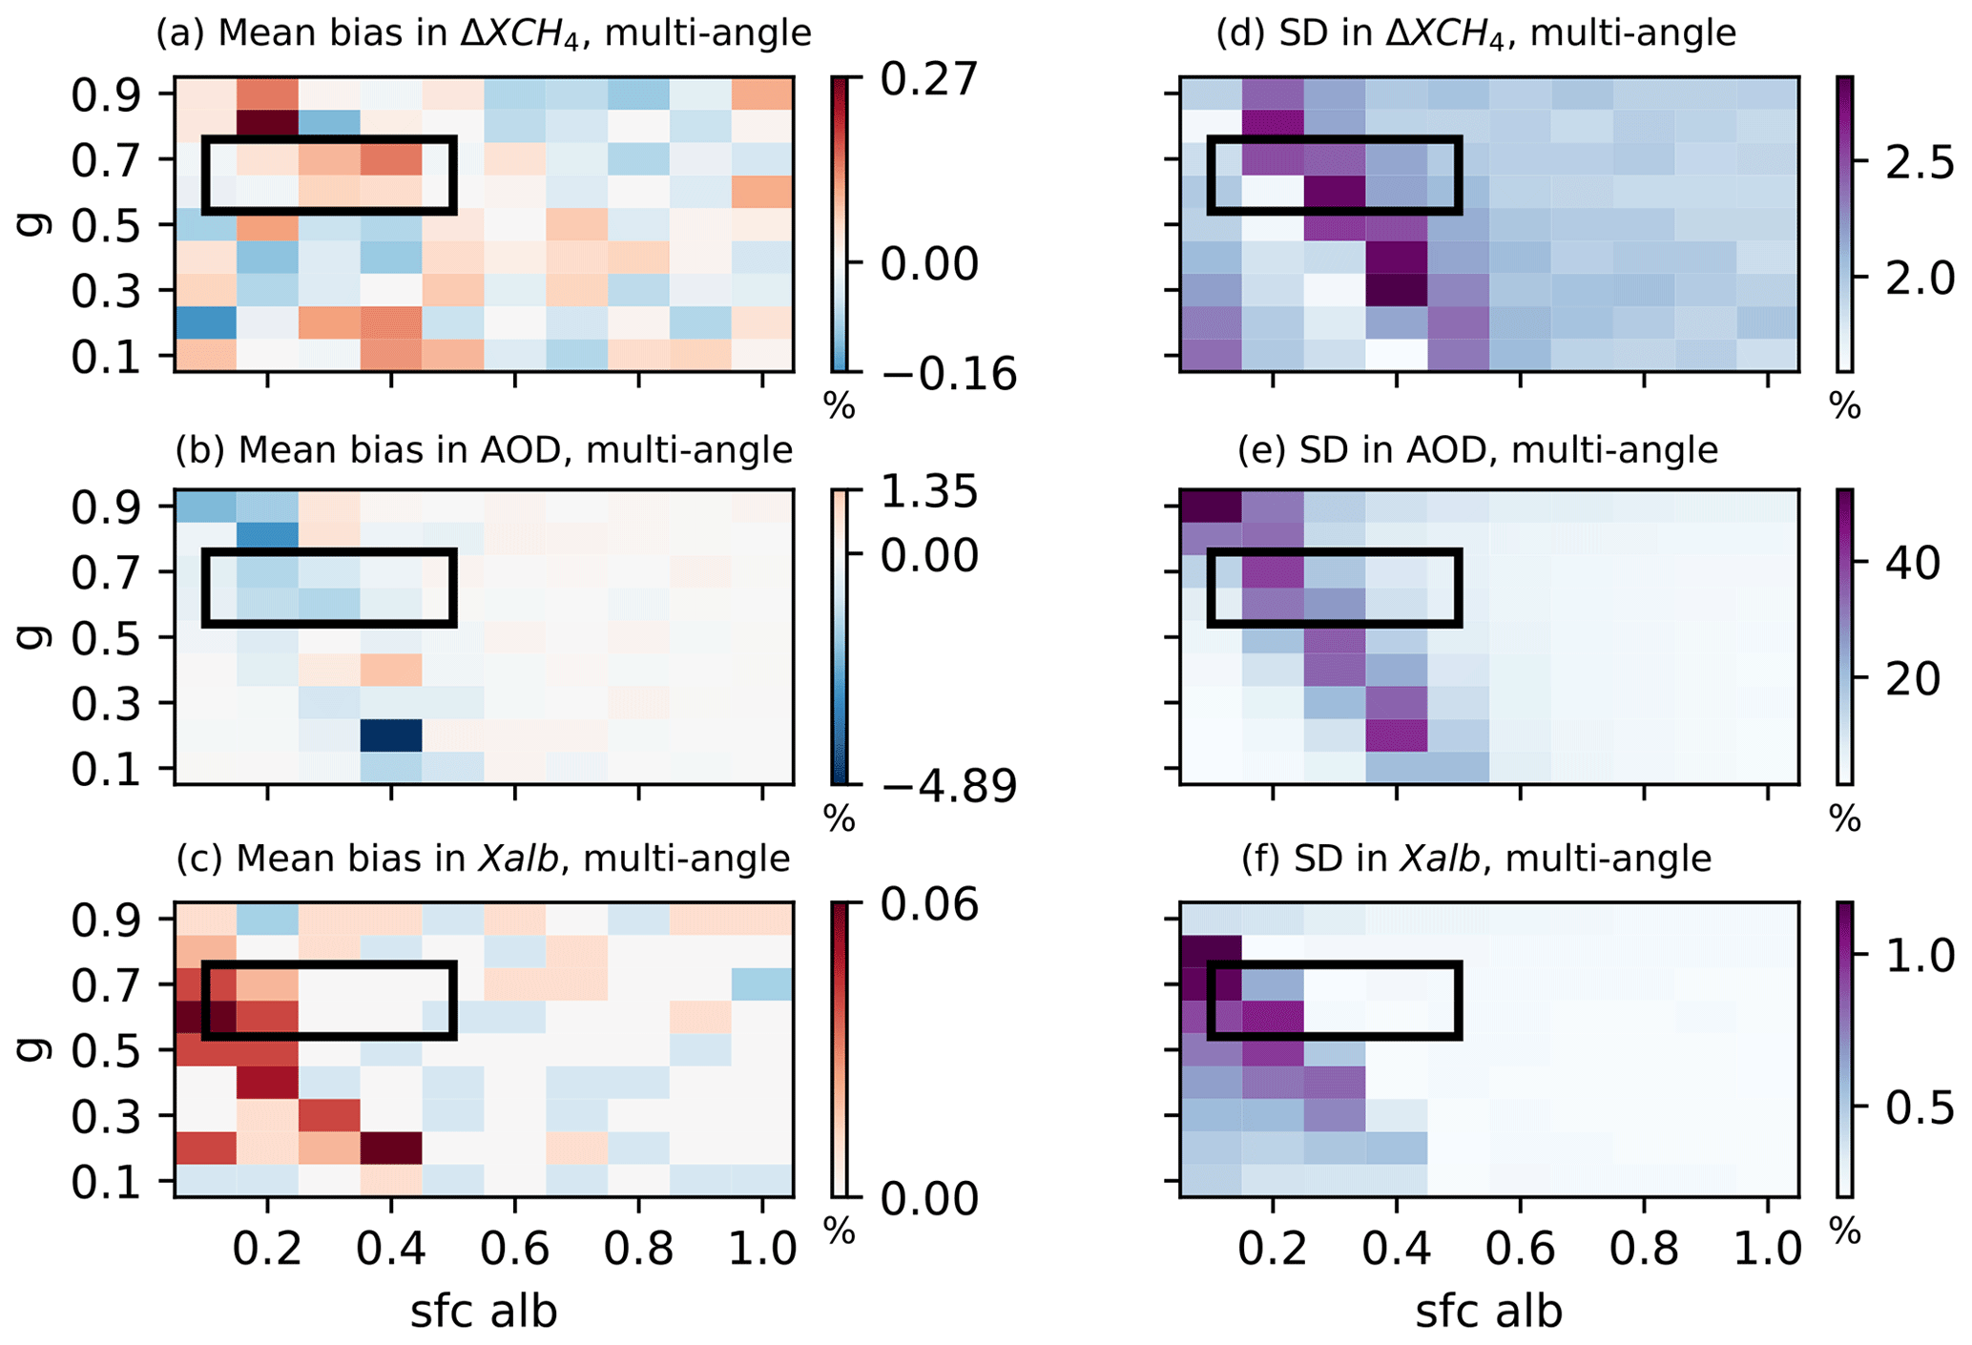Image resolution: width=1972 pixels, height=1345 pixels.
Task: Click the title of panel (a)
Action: (x=484, y=34)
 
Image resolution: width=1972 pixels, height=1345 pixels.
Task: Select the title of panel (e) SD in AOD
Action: (x=1477, y=449)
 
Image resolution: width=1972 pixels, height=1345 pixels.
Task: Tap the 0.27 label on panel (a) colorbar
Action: (x=928, y=79)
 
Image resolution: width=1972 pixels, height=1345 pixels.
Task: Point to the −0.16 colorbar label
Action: (x=948, y=375)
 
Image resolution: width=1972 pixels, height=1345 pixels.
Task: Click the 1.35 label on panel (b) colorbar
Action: (x=928, y=493)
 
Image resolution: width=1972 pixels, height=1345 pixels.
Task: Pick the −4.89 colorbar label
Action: (x=948, y=788)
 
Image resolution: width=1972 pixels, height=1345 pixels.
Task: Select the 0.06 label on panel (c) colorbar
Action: (x=928, y=904)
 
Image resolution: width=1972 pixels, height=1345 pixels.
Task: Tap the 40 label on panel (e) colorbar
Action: (x=1912, y=564)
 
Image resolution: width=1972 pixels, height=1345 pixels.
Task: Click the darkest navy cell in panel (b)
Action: (x=391, y=735)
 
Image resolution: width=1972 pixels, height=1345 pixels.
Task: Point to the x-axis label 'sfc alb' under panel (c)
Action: (x=484, y=1312)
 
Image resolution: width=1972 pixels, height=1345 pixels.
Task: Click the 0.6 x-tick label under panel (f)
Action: (x=1521, y=1249)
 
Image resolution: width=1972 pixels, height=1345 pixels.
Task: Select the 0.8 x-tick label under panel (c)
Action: (x=638, y=1249)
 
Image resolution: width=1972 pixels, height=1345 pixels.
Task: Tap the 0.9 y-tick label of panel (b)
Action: (x=106, y=507)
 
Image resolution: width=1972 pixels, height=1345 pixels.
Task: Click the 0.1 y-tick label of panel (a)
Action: (x=106, y=357)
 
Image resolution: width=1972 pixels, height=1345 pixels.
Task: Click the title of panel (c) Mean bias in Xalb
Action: (x=484, y=859)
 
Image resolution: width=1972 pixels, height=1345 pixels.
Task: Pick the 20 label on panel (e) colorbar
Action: (x=1912, y=679)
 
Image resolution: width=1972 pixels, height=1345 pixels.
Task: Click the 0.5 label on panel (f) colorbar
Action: (x=1919, y=1107)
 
